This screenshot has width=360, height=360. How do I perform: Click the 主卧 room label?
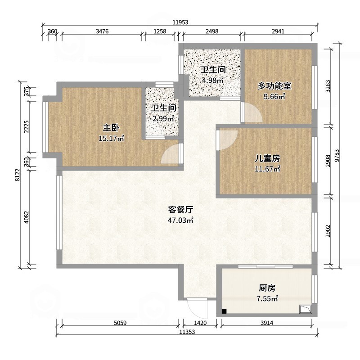(111, 128)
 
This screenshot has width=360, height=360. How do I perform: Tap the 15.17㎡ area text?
(111, 139)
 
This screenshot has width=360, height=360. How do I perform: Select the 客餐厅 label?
(180, 210)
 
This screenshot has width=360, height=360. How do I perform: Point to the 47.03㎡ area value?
(180, 220)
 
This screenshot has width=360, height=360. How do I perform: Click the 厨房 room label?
(267, 288)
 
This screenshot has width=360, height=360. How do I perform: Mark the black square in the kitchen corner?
(224, 311)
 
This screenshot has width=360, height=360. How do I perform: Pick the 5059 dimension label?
(120, 323)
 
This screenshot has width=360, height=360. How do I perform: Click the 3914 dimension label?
(266, 323)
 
